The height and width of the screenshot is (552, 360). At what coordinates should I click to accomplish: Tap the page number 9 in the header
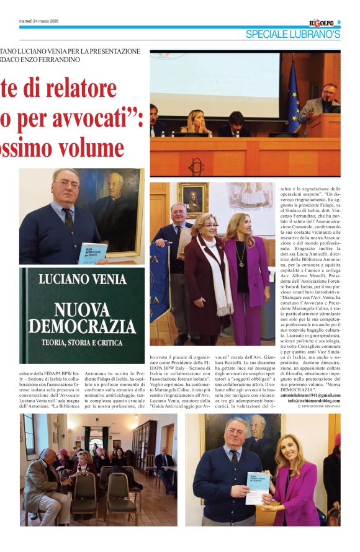pyautogui.click(x=339, y=23)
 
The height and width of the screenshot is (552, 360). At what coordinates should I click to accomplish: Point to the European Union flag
pyautogui.click(x=293, y=96)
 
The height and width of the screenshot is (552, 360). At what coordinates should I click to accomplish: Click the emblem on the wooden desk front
pyautogui.click(x=197, y=166)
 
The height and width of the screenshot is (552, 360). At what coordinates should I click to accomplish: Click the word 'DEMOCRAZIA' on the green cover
pyautogui.click(x=81, y=325)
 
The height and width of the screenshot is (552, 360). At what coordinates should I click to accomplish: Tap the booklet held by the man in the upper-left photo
pyautogui.click(x=93, y=252)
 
